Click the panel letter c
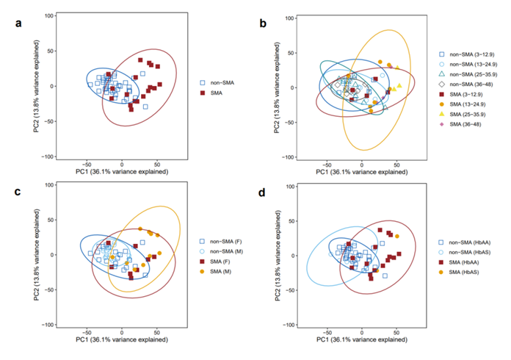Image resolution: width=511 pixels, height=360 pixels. pyautogui.click(x=20, y=192)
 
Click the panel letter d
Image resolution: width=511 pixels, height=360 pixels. pyautogui.click(x=262, y=192)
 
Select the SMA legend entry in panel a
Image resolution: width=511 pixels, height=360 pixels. pyautogui.click(x=217, y=93)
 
